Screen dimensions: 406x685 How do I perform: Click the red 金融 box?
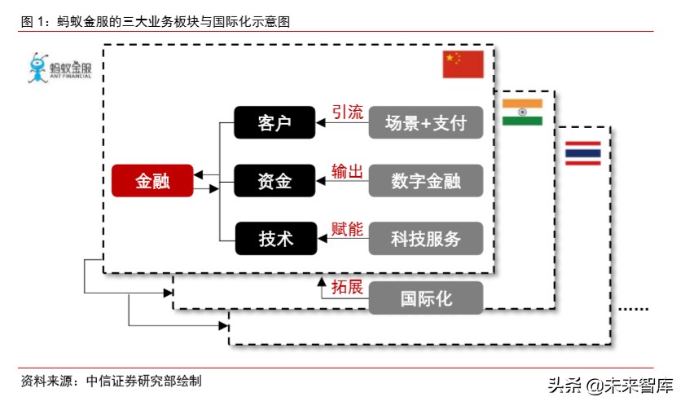[152, 180]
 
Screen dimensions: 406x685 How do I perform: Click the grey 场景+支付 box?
[426, 123]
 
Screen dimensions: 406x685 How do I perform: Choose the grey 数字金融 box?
[426, 180]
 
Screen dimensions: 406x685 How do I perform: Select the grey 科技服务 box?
[426, 238]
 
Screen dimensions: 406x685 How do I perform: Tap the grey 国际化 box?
[426, 298]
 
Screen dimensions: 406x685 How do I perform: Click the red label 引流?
[347, 113]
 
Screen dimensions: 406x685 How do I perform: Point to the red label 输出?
[347, 170]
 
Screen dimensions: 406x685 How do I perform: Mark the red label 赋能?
[347, 229]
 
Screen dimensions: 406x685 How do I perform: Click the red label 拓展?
[347, 287]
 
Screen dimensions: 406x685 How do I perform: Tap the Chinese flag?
[463, 64]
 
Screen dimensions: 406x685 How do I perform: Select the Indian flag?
[522, 112]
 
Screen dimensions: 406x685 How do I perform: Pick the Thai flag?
[582, 153]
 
